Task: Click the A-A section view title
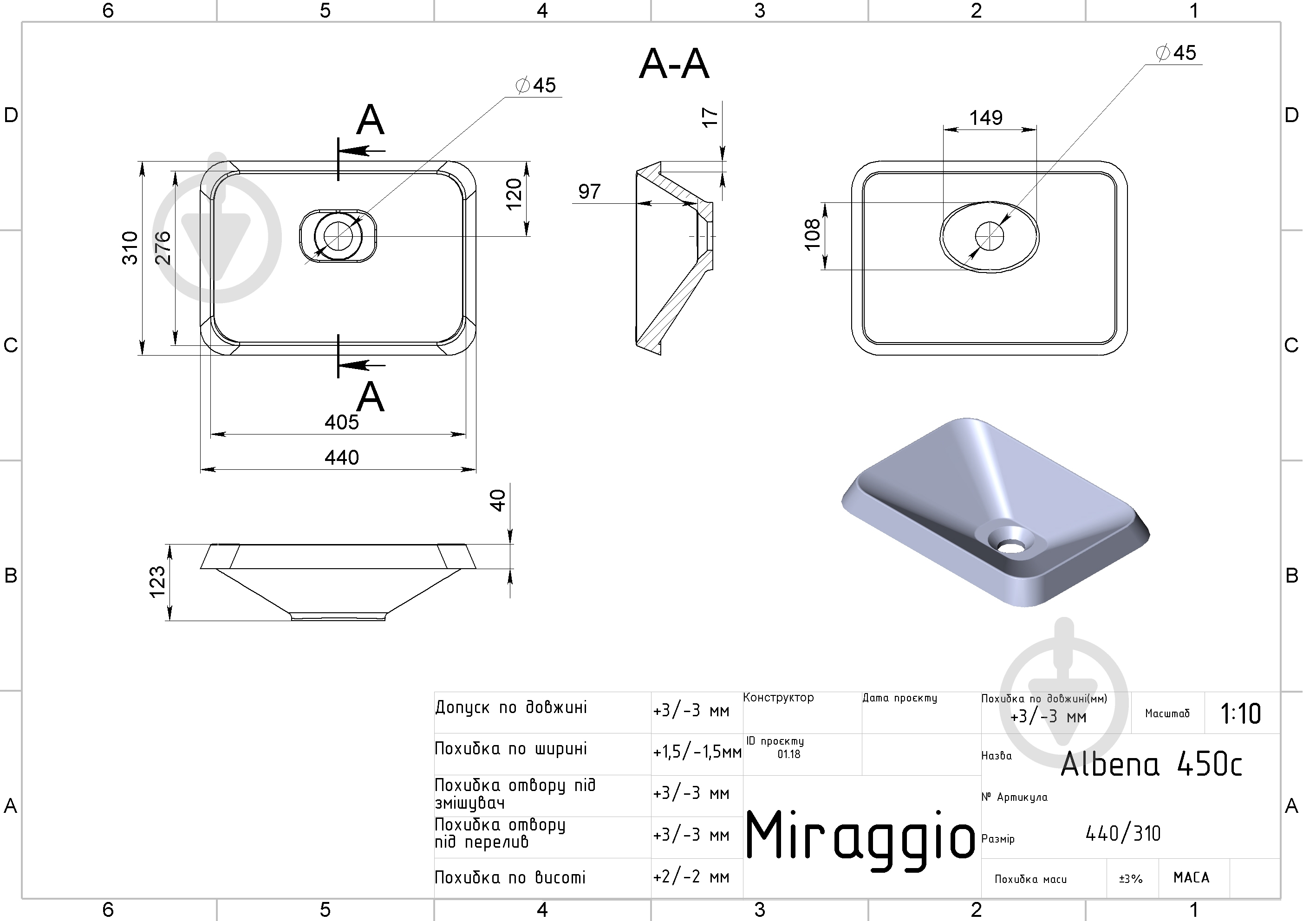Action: [674, 64]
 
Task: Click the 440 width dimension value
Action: [342, 457]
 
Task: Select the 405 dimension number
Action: [342, 422]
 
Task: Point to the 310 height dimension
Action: [130, 247]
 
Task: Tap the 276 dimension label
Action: [163, 247]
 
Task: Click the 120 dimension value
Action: [514, 194]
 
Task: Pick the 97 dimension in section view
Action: [589, 192]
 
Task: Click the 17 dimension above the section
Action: [710, 117]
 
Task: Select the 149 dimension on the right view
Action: [986, 117]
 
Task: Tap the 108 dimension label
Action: [812, 234]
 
